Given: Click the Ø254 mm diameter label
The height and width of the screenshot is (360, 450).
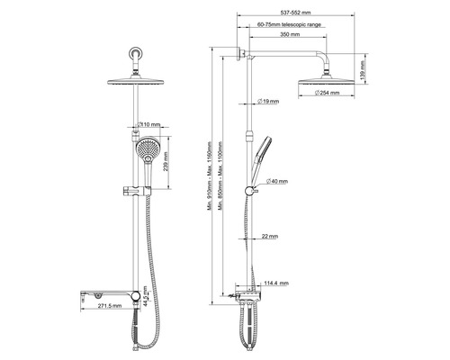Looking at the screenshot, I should [x=314, y=94].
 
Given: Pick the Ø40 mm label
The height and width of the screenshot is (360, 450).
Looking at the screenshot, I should [x=276, y=180].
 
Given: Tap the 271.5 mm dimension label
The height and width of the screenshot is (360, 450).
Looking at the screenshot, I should [x=107, y=305].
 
